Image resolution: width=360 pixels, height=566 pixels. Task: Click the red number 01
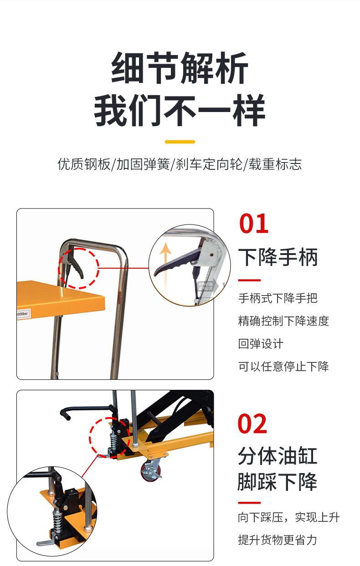[253, 224]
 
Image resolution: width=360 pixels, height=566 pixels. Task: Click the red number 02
[252, 423]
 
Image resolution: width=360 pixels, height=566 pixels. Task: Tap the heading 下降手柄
[278, 257]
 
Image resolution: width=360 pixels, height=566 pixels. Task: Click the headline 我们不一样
[180, 110]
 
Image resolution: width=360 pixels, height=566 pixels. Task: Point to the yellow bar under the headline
[180, 142]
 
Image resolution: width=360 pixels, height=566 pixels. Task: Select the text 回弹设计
[261, 344]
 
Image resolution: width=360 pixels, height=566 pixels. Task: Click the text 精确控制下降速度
[283, 321]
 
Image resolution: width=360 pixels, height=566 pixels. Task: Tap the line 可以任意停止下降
[283, 367]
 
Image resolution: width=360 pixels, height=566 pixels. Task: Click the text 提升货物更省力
[278, 540]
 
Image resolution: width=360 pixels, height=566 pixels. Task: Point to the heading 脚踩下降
[278, 482]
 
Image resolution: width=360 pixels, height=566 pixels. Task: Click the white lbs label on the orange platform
[23, 314]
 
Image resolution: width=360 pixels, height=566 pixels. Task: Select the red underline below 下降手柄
[249, 280]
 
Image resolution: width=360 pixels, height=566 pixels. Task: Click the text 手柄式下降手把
[278, 298]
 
